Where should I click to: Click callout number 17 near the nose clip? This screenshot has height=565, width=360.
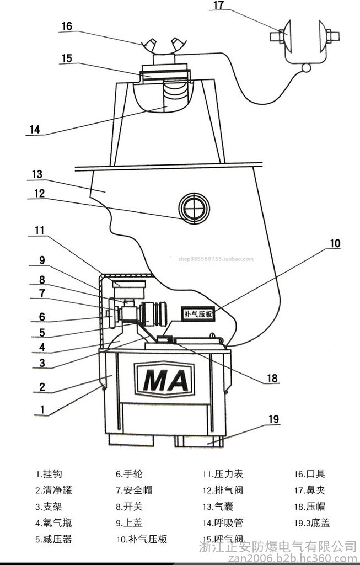(218, 6)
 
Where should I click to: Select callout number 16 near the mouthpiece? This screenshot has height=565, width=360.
(67, 26)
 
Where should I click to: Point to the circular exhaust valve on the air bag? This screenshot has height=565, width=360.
(194, 209)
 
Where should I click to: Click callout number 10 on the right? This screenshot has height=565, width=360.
(335, 243)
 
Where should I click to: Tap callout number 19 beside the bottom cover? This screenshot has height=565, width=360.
(274, 420)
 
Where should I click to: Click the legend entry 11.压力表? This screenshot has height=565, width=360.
(223, 474)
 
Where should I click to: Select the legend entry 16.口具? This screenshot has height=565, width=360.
(310, 474)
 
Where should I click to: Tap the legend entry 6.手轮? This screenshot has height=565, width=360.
(129, 474)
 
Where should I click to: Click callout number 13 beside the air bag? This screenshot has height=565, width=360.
(37, 174)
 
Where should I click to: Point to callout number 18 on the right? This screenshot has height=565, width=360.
(272, 379)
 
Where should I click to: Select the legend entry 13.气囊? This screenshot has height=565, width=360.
(219, 507)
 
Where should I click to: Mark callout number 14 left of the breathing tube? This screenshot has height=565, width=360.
(35, 130)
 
